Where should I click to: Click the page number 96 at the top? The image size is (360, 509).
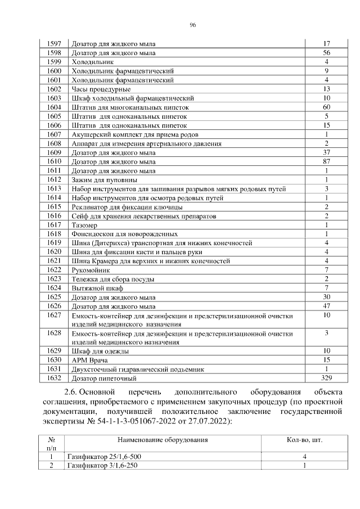[x=192, y=25]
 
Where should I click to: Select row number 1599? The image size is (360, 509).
[x=55, y=62]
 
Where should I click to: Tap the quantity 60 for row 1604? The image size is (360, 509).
[x=326, y=107]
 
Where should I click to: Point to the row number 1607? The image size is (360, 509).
[x=55, y=134]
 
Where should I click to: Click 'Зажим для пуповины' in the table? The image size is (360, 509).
[x=104, y=179]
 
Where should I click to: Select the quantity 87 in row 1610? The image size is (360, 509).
[x=326, y=161]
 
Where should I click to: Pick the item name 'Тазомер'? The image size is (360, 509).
[x=84, y=225]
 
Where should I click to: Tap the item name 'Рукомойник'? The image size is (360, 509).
[x=90, y=271]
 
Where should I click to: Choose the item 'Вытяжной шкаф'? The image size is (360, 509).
[x=94, y=289]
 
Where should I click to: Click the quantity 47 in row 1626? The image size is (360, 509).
[x=326, y=306]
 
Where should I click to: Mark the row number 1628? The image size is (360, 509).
[x=55, y=334]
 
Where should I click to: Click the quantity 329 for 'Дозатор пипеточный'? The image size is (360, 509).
[x=326, y=377]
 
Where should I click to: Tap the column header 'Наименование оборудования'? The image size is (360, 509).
[x=163, y=440]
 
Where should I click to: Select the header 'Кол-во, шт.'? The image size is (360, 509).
[x=304, y=440]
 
